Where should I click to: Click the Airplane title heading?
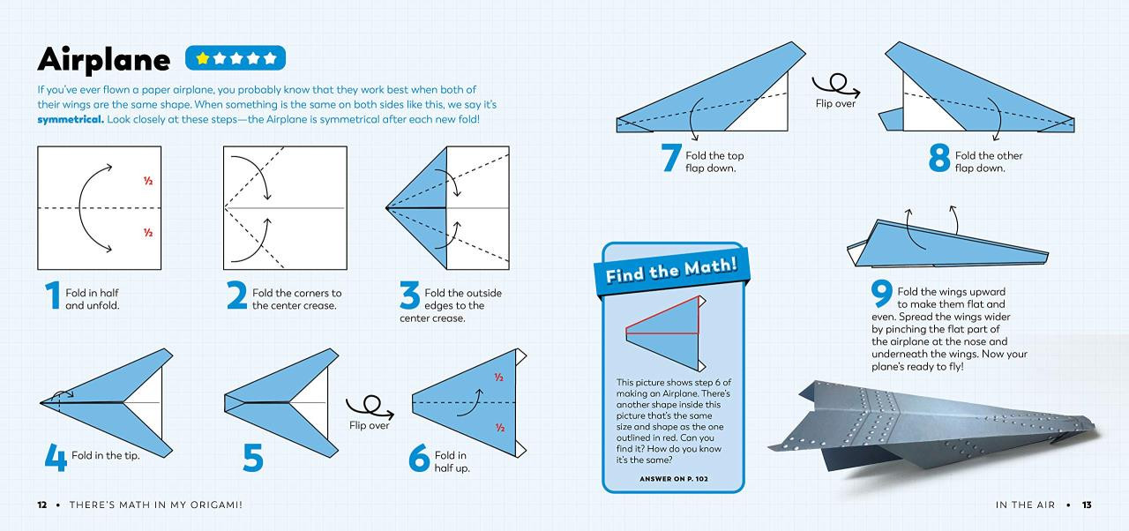click(x=103, y=59)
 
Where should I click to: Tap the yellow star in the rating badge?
click(x=203, y=58)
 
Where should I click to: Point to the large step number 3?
click(x=409, y=296)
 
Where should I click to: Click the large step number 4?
click(x=56, y=456)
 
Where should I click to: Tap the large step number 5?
click(x=253, y=456)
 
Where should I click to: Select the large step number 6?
click(x=419, y=457)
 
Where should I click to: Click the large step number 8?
click(x=939, y=158)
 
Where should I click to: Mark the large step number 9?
click(x=881, y=294)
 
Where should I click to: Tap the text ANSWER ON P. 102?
click(x=673, y=479)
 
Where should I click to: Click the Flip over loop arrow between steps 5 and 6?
click(x=369, y=407)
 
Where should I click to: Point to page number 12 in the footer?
click(x=42, y=505)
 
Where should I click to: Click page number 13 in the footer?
click(x=1087, y=505)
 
